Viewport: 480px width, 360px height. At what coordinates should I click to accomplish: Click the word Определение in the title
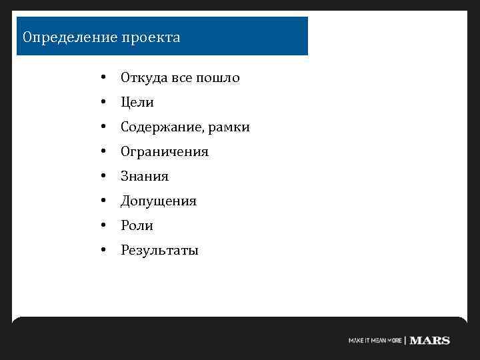click(x=69, y=37)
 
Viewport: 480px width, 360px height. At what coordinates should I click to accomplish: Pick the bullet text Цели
click(x=137, y=103)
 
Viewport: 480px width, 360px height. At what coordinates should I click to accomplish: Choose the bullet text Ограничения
click(x=165, y=152)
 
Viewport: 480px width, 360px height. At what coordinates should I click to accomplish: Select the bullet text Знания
click(x=145, y=177)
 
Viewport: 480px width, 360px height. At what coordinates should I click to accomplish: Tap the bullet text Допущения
click(x=159, y=201)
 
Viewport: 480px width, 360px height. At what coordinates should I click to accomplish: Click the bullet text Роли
click(x=137, y=226)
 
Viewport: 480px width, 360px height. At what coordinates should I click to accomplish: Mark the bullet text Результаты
click(x=159, y=251)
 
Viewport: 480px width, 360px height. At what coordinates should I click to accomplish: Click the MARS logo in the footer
click(x=430, y=340)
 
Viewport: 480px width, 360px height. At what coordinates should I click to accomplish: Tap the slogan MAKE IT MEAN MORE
click(x=375, y=340)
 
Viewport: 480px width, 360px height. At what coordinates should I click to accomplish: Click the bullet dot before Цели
click(x=103, y=103)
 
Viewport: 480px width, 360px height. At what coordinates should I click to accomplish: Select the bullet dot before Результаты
click(x=103, y=251)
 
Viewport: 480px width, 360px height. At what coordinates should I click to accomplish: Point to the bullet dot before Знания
click(x=103, y=177)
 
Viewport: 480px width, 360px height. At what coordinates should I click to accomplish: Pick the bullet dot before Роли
click(x=103, y=226)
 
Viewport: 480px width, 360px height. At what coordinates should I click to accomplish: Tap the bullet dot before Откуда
click(x=103, y=78)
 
